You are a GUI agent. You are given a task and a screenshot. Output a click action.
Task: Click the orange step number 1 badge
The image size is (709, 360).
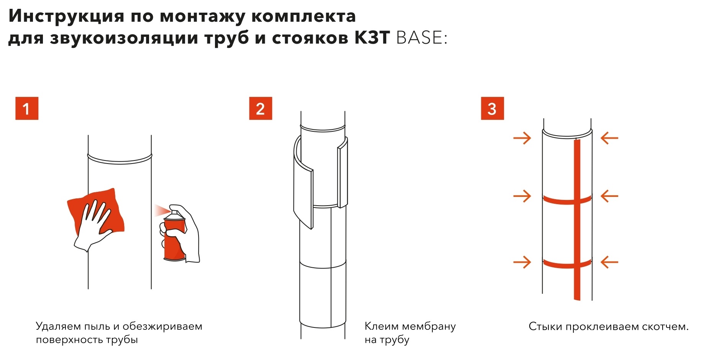coord(26,108)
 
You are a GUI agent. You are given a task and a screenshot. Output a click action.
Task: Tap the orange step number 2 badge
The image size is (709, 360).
coord(261,108)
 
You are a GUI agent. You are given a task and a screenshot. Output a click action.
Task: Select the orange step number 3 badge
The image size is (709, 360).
coord(492,108)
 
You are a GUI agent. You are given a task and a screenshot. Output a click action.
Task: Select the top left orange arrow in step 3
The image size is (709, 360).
coord(522,137)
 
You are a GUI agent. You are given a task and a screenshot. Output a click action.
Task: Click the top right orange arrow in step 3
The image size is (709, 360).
coord(609,137)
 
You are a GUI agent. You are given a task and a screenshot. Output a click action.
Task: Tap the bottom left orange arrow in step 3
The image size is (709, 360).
coord(522,262)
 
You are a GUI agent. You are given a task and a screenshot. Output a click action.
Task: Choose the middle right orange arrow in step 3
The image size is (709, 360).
coord(609,196)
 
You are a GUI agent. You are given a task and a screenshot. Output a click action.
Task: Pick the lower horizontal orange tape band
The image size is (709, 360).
coord(567,264)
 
